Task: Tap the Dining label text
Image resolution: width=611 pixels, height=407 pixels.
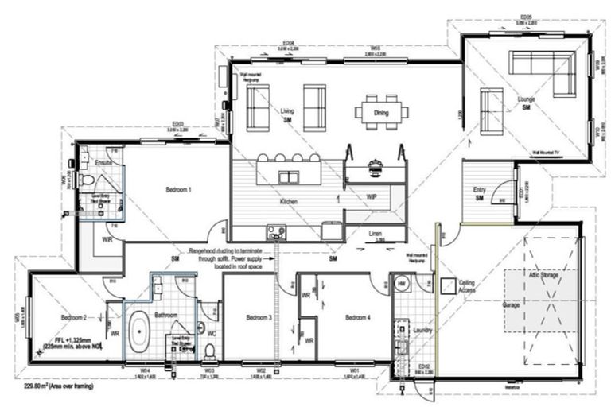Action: coord(382,114)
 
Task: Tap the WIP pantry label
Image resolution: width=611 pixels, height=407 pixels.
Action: coord(372,195)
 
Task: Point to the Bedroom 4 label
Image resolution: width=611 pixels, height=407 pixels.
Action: coord(356,318)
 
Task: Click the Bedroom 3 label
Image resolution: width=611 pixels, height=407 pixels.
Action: coord(259,318)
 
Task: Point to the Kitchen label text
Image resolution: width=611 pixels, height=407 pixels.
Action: coord(288,203)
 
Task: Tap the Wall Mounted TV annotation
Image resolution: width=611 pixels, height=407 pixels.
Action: coord(549,149)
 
